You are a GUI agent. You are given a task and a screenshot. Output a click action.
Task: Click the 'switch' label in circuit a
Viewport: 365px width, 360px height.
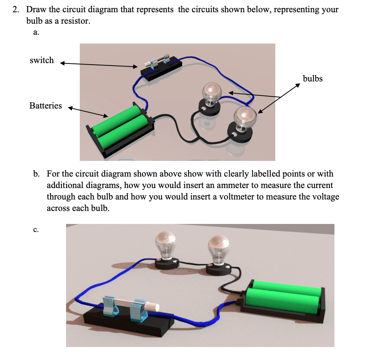42,60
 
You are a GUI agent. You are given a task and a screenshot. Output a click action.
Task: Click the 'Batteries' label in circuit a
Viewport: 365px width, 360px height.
45,106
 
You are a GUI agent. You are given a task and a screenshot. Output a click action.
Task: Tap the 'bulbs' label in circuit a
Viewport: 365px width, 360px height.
312,79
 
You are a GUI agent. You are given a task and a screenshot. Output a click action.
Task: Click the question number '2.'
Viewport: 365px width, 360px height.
16,10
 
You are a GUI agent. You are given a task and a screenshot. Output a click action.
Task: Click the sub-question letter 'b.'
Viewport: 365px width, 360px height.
36,174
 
